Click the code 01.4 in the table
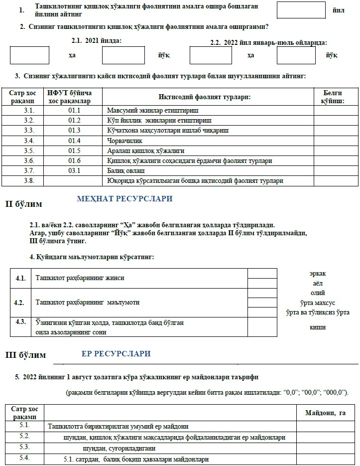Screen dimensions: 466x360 tap(75, 140)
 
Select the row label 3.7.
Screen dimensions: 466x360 tap(29, 170)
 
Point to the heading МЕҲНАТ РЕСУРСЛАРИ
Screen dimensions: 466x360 tap(124, 199)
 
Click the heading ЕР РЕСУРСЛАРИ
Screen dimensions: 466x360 tap(116, 354)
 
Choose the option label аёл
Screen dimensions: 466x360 tap(317, 283)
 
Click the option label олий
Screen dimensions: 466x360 tap(317, 293)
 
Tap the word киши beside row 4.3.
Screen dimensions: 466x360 tap(317, 327)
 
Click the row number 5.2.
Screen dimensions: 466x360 tap(25, 436)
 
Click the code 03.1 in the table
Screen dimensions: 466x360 tap(75, 170)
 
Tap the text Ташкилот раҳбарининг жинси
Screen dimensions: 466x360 tap(80, 278)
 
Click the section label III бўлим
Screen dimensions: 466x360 tap(25, 355)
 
